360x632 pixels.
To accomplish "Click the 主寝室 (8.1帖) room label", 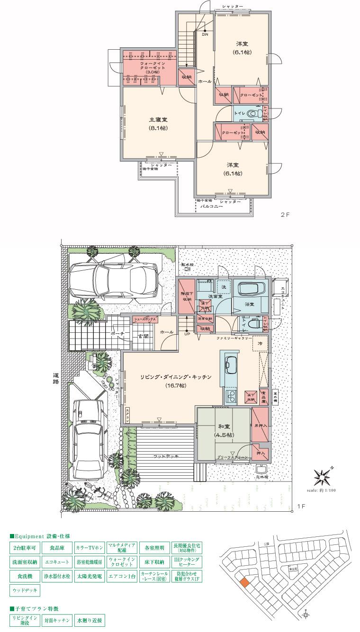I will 158,124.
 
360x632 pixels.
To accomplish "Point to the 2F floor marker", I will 284,214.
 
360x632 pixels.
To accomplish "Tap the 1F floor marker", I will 300,506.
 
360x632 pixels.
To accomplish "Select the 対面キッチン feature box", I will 57,619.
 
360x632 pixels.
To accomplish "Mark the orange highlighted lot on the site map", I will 244,583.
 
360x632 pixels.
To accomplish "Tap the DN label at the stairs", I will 205,35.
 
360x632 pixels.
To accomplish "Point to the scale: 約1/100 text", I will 321,490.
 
